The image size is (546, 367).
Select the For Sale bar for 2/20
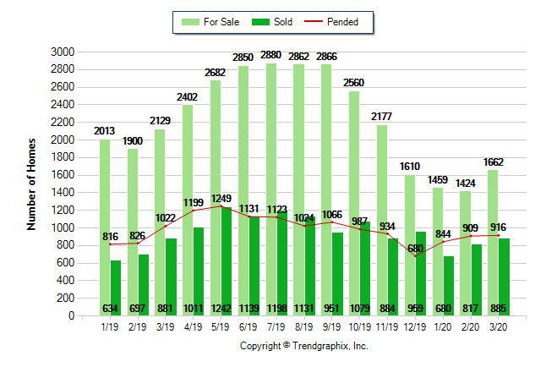[x=465, y=254]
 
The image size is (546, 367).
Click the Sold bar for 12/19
[x=421, y=271]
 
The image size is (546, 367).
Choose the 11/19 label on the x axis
[x=387, y=324]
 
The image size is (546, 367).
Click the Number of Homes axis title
[x=31, y=183]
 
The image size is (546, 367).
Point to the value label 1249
[x=220, y=197]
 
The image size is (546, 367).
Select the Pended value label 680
[x=414, y=248]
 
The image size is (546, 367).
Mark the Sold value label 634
[x=110, y=308]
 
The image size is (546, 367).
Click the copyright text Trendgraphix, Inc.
[x=304, y=346]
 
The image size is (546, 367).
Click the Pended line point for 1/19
[x=110, y=244]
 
